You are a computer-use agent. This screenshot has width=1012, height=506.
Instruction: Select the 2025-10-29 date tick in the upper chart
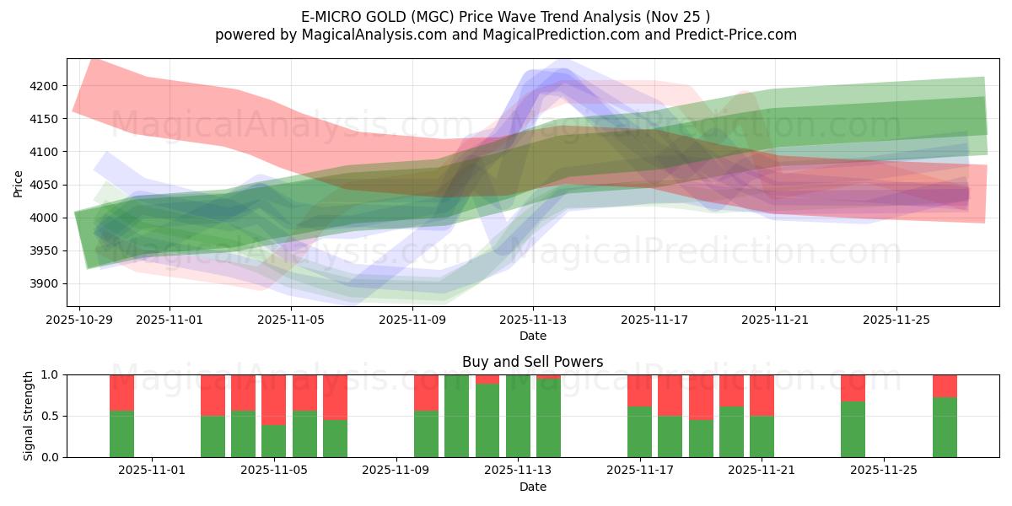tap(79, 320)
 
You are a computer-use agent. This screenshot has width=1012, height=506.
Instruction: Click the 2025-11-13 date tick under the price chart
tap(533, 320)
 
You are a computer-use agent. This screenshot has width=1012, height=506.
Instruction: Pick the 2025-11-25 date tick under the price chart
tap(896, 320)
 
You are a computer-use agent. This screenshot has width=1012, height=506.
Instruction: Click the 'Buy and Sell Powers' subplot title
tap(532, 362)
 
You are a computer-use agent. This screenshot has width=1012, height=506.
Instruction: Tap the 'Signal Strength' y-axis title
tap(29, 416)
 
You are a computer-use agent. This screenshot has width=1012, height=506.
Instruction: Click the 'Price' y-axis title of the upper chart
tap(19, 183)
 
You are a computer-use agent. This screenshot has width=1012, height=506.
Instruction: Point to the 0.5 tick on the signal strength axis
tap(50, 416)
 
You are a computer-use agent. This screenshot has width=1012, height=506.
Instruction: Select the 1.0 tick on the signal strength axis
tap(50, 374)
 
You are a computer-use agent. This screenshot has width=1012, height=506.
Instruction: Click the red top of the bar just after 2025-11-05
tap(304, 392)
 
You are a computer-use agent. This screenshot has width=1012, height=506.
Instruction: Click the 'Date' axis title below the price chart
tap(532, 336)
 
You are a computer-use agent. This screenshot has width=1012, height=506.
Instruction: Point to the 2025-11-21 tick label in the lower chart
tap(762, 471)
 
